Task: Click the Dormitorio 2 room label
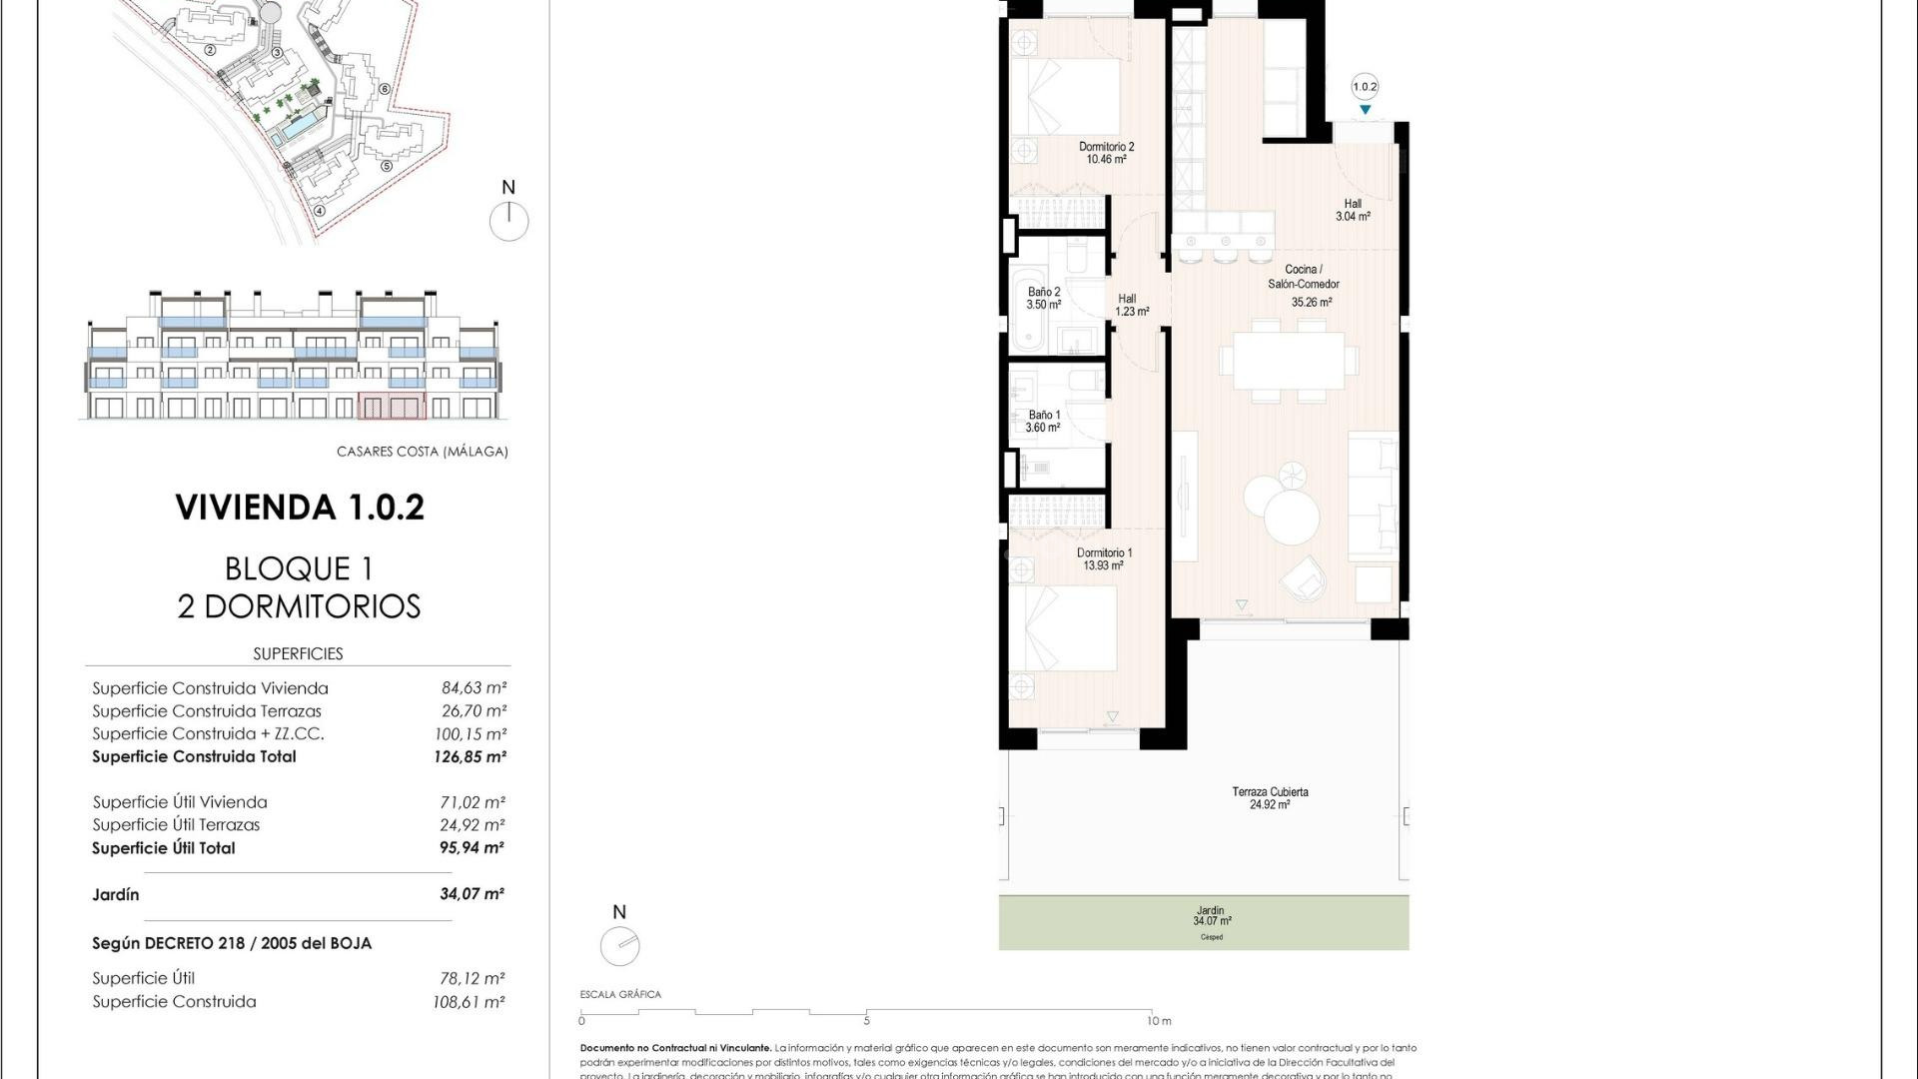pos(1106,153)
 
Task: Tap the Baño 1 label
pos(1044,421)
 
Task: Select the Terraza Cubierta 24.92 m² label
pos(1270,797)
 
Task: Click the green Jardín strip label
pos(1211,916)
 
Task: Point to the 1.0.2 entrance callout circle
pos(1365,87)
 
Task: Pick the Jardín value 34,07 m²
pos(472,894)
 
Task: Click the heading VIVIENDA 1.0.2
pos(300,507)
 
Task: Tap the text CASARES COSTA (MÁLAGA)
pos(422,452)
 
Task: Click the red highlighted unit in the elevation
pos(392,406)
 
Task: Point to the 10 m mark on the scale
pos(1158,1020)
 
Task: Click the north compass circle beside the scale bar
pos(619,945)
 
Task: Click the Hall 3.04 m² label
pos(1353,210)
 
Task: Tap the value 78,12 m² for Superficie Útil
pos(470,978)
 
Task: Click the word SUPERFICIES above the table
pos(298,653)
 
